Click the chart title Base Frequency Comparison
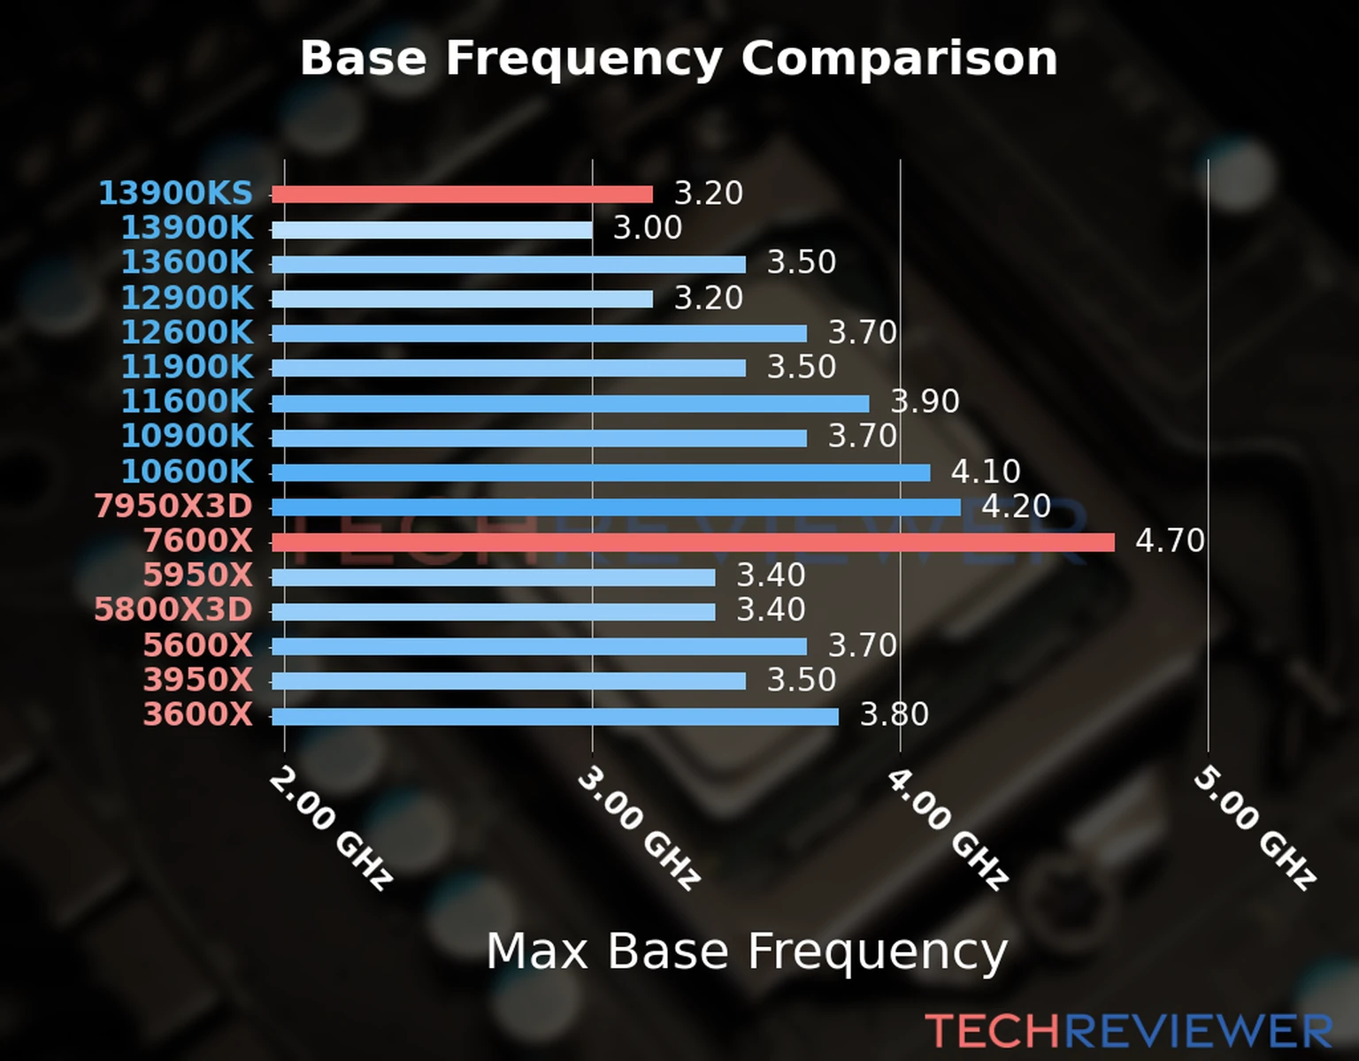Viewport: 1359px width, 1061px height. pos(679,58)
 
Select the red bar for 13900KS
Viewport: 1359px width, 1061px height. pos(462,195)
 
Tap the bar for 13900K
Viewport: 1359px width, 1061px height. pos(432,230)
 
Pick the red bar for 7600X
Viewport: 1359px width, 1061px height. pos(693,542)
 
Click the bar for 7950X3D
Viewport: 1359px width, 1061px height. pos(616,508)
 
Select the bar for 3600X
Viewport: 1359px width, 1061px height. pos(555,716)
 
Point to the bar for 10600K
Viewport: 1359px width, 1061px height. pos(601,473)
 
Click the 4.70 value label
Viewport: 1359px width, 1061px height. pos(1170,540)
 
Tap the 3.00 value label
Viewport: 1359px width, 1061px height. pos(648,228)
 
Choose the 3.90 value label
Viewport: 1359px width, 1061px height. pos(925,401)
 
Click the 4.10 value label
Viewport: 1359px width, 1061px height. pos(986,471)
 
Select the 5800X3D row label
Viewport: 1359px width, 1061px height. pos(173,610)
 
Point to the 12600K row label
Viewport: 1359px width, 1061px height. pos(187,332)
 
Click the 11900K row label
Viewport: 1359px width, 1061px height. pos(187,367)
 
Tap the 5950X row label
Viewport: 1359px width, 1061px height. pos(198,576)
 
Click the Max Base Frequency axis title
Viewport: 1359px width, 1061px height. pos(747,951)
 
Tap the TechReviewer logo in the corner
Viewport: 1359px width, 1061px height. pos(1128,1031)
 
